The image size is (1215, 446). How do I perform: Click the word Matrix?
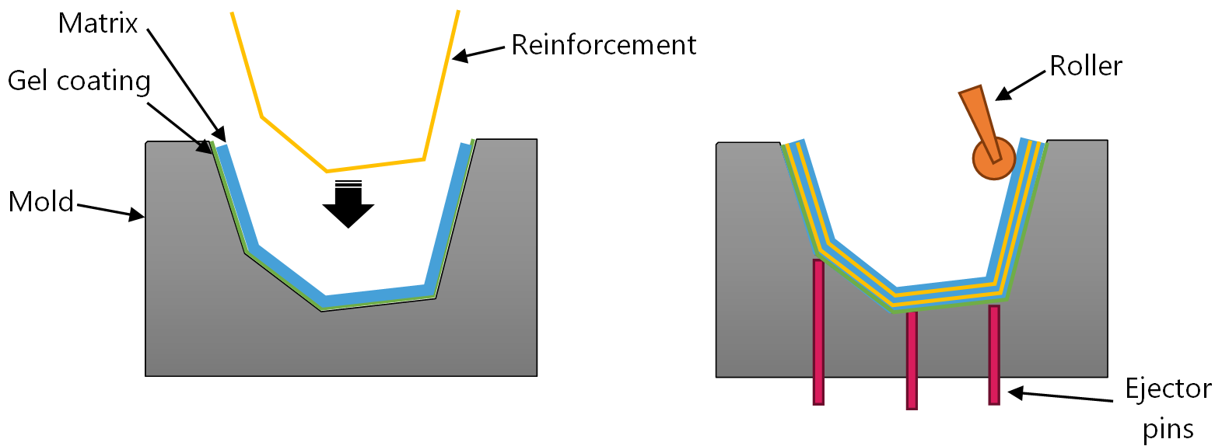97,23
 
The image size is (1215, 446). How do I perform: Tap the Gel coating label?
79,81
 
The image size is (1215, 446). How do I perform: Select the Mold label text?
40,202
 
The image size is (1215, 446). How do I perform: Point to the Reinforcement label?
603,44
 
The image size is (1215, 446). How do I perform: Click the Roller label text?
1086,66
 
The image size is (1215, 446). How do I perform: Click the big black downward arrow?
348,205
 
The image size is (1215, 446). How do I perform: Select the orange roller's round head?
994,159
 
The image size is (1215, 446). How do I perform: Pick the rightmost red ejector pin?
994,354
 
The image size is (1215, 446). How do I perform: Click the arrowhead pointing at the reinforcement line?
461,56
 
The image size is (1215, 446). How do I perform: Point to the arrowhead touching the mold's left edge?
138,215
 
